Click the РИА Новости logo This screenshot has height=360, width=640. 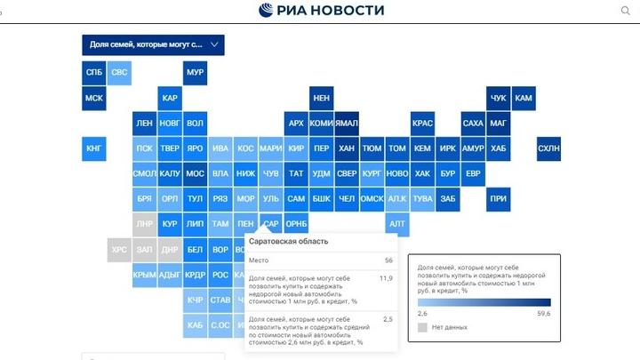(321, 11)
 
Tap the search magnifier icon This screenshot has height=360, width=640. (624, 11)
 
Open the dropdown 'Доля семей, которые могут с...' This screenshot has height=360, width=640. (153, 44)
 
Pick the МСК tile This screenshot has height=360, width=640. (93, 98)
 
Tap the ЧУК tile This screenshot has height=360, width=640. (499, 98)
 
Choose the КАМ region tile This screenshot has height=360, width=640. (524, 98)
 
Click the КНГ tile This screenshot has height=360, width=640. (93, 148)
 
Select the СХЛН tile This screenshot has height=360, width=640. (549, 148)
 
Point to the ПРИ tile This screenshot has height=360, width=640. (499, 198)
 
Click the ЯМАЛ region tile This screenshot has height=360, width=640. (347, 123)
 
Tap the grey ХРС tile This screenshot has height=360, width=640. (119, 250)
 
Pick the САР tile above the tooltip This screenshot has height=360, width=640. (271, 224)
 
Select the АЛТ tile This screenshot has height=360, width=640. (397, 224)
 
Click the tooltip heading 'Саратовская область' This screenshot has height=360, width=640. (288, 242)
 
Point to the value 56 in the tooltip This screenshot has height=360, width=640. (388, 260)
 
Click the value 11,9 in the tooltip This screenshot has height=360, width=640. (386, 278)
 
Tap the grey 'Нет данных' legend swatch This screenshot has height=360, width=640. (422, 327)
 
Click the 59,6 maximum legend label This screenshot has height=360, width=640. (543, 314)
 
